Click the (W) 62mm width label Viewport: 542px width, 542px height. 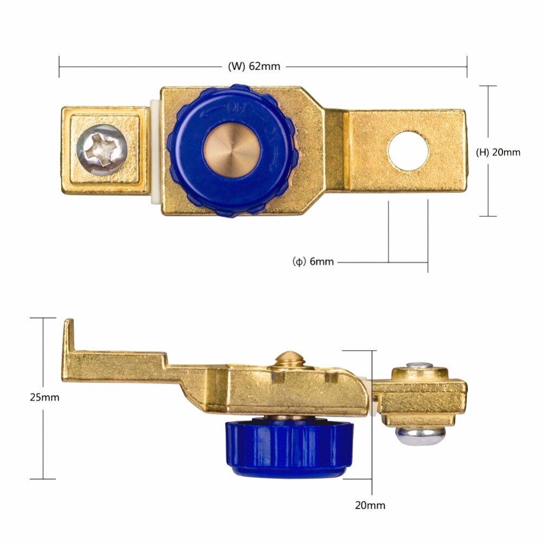click(254, 67)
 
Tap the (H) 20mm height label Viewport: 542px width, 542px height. click(498, 152)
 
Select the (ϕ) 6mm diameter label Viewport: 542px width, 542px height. click(313, 262)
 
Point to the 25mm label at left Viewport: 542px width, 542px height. click(44, 397)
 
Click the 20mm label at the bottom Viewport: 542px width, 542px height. click(370, 506)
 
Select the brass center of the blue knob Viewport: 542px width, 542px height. click(232, 149)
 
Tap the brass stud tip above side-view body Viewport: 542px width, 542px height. click(288, 359)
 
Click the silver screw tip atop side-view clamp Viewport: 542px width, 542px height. click(420, 366)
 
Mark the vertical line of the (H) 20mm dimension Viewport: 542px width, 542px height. click(488, 119)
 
